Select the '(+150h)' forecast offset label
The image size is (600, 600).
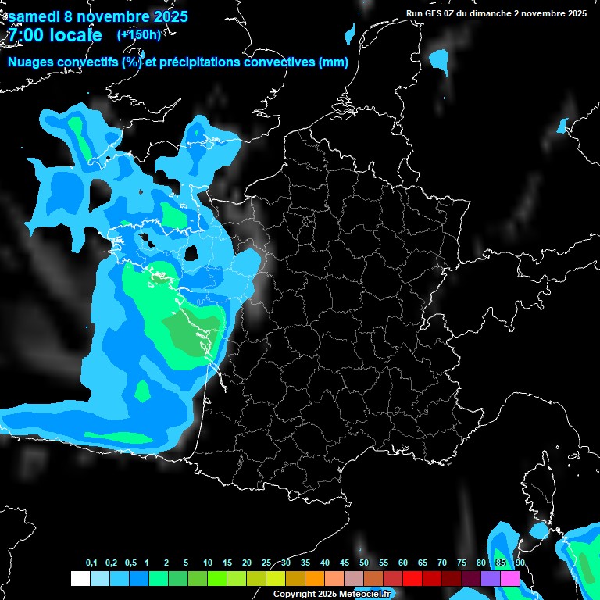coord(138,34)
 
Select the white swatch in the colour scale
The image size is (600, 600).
coord(80,579)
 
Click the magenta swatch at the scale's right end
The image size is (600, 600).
coord(510,579)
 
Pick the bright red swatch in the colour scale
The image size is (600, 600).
coord(412,579)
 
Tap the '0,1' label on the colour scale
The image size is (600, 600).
coord(91,563)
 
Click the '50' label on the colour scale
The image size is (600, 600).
coord(364,563)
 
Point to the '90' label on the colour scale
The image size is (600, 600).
coord(520,563)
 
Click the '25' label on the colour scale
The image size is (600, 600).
coord(266,563)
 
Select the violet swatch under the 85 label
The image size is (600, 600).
coord(491,579)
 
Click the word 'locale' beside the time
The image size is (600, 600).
coord(74,35)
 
